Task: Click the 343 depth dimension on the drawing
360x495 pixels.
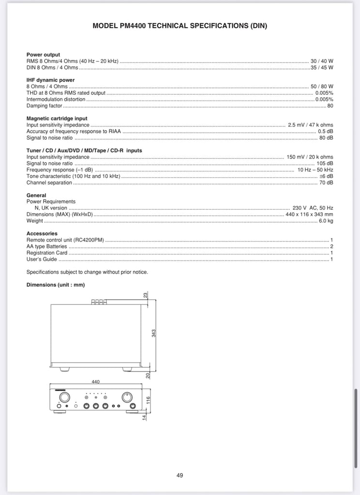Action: coord(153,333)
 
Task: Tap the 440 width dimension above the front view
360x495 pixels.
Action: coord(95,382)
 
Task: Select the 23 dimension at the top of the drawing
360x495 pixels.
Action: coord(145,294)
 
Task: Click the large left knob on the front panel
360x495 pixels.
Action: coord(64,397)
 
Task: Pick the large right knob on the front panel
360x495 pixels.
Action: coord(127,397)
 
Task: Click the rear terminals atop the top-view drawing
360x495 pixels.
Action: coord(99,302)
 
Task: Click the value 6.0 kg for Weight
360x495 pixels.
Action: coord(325,221)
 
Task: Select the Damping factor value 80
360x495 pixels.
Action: coord(330,105)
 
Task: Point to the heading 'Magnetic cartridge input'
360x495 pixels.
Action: coord(57,118)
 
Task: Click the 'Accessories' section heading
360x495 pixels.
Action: coord(42,233)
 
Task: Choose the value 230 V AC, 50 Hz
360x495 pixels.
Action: coord(313,208)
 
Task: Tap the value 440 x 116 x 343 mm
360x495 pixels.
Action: coord(309,214)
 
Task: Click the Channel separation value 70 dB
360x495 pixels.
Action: coord(326,183)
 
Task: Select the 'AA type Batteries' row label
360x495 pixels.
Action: coord(46,247)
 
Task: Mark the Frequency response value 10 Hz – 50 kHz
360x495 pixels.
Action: coord(315,170)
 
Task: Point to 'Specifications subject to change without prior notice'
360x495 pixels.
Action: coord(87,272)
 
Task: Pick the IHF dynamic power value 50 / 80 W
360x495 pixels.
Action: coord(322,87)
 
